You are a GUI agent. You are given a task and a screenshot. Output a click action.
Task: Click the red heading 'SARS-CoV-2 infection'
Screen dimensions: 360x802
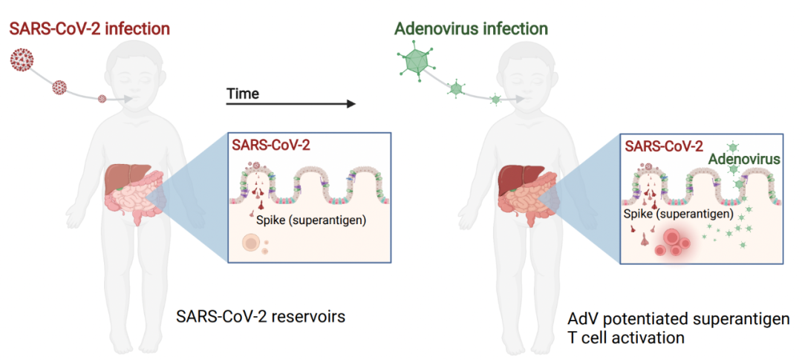coord(90,30)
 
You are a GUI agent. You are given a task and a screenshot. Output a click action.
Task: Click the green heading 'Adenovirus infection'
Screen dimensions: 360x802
coord(471,30)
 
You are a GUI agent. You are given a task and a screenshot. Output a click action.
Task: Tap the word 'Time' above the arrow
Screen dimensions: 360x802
coord(243,94)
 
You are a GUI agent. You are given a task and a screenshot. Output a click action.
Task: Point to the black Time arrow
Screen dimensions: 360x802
coord(290,103)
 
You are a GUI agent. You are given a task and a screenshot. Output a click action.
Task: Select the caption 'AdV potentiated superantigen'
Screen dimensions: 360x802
coord(678,319)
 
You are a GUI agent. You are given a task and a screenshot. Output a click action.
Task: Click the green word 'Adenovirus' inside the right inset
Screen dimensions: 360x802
coord(742,160)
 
